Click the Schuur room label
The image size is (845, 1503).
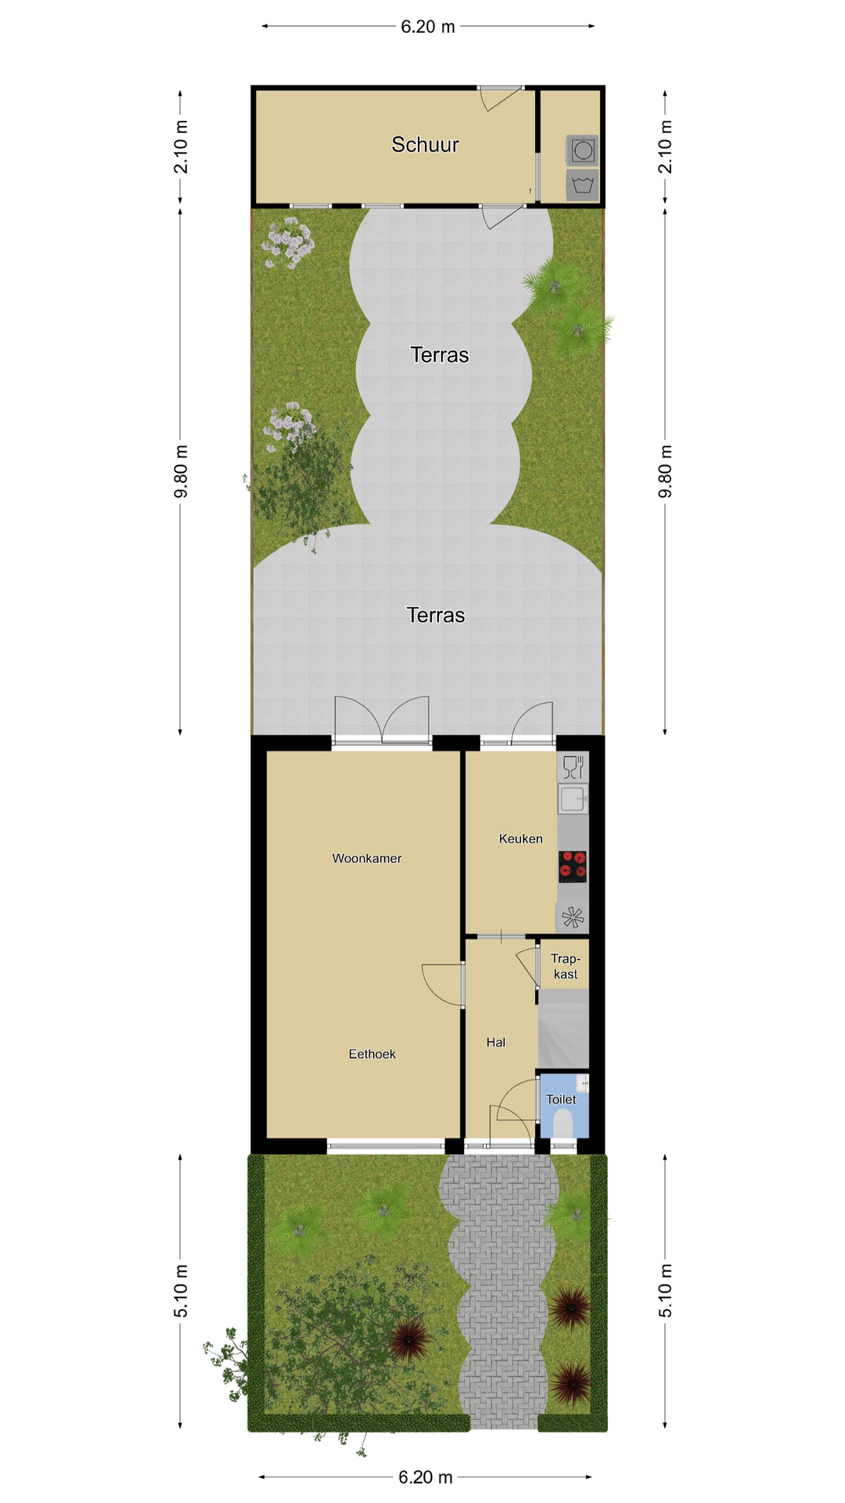(x=425, y=145)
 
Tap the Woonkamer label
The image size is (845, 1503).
(x=366, y=859)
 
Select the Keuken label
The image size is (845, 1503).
(x=520, y=839)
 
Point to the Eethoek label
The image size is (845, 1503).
(x=372, y=1054)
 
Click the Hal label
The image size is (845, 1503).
(x=495, y=1043)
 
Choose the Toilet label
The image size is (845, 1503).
(x=561, y=1100)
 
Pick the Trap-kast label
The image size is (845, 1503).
(x=565, y=967)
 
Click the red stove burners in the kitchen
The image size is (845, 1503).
(x=573, y=866)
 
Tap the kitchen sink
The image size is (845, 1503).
(x=573, y=799)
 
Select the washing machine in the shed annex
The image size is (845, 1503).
(x=583, y=150)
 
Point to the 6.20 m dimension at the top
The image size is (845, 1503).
(x=427, y=27)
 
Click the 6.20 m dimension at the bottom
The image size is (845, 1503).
(x=426, y=1477)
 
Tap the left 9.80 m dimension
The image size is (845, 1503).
(x=181, y=471)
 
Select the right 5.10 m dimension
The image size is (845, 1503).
(x=666, y=1291)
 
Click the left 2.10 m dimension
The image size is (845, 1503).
(x=181, y=146)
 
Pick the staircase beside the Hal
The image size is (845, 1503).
(x=563, y=1029)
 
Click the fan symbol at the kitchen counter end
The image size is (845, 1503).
(x=573, y=917)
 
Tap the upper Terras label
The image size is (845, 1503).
(x=440, y=355)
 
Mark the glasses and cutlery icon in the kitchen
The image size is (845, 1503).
(x=574, y=767)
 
